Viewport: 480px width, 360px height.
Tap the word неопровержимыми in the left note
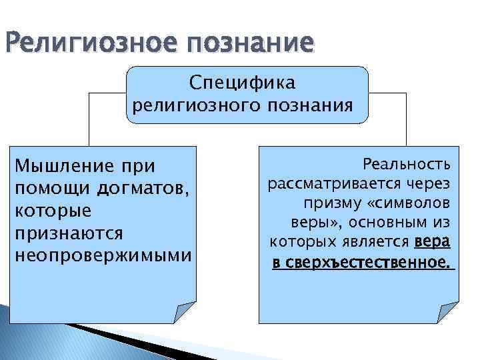pos(103,256)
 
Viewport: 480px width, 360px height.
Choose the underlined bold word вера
pos(432,240)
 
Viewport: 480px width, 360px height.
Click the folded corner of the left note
pos(185,311)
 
